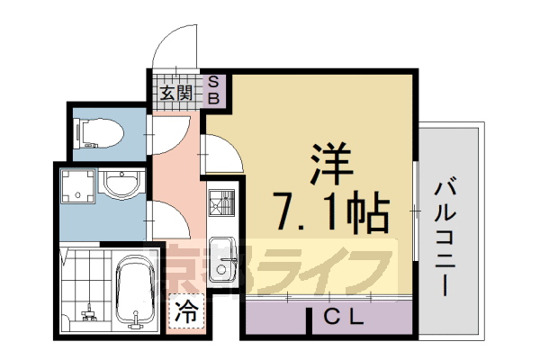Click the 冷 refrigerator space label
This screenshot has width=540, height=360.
(x=186, y=313)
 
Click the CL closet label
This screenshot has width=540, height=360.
(x=343, y=317)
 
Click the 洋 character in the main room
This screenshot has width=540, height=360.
(x=332, y=163)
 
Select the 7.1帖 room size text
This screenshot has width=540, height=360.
(x=331, y=212)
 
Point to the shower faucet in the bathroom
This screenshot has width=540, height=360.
(x=89, y=315)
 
